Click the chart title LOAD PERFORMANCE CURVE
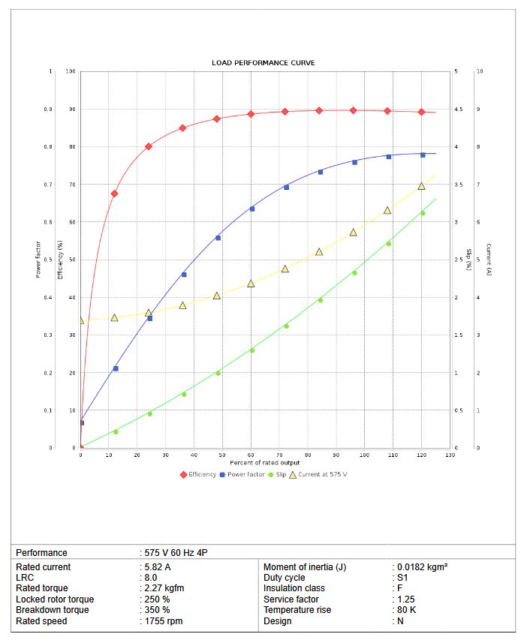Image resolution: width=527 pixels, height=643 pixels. click(x=263, y=62)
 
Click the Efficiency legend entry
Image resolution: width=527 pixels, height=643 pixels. click(x=197, y=474)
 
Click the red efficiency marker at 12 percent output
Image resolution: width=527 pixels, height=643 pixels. click(x=114, y=194)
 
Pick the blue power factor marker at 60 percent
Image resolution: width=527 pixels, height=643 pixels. click(x=251, y=209)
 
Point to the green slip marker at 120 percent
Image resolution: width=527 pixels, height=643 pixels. click(x=422, y=213)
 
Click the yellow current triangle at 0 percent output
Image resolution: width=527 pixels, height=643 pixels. click(x=81, y=320)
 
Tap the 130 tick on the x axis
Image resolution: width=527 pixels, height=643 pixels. click(x=450, y=455)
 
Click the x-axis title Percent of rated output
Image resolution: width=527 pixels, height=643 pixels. click(x=265, y=463)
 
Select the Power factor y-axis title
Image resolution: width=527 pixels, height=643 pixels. click(x=38, y=260)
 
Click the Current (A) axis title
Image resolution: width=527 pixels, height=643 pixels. click(x=489, y=260)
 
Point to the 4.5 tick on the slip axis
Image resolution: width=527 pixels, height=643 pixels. click(x=457, y=110)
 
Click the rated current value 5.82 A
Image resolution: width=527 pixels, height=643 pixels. click(x=157, y=567)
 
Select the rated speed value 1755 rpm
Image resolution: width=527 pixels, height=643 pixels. click(x=163, y=621)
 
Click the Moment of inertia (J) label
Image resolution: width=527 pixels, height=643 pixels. click(x=305, y=567)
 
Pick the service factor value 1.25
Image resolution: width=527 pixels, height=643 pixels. click(x=405, y=599)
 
